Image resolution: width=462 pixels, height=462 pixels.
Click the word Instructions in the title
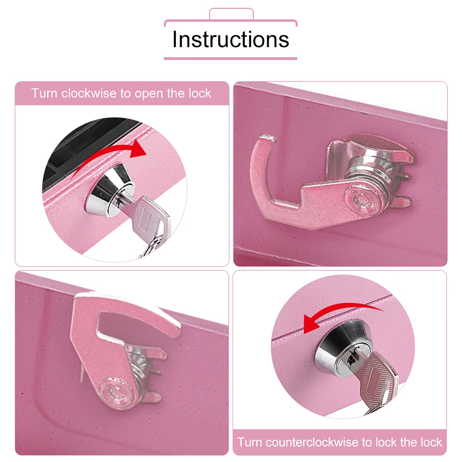tap(231, 40)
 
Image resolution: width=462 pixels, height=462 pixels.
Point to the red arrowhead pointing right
tap(138, 149)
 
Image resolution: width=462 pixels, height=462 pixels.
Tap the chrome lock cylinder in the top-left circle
tap(110, 190)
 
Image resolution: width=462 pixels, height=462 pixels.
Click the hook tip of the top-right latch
tap(265, 139)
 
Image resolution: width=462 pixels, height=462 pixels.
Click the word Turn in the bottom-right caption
tap(250, 442)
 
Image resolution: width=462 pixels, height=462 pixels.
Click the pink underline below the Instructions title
tap(230, 59)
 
